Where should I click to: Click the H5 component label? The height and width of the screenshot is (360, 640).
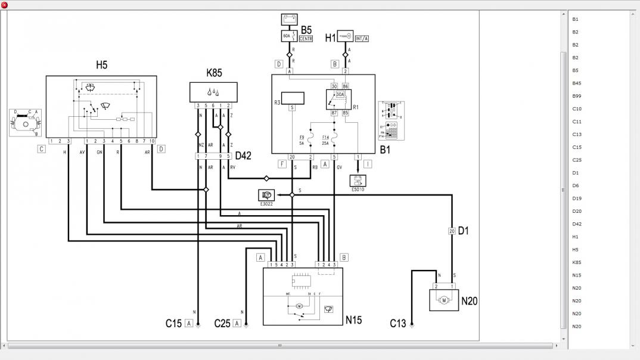coord(102,64)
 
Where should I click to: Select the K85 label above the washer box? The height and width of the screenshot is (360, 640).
coord(214,73)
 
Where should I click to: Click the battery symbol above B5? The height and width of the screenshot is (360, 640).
coord(289,20)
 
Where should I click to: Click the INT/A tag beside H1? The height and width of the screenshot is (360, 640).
coord(362,39)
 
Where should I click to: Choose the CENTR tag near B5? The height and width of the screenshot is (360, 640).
coord(306,39)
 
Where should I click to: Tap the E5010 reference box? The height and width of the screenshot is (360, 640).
coord(358,180)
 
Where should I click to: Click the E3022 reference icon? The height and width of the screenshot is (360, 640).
coord(266,195)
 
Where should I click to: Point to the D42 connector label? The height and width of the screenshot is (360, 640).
coord(243,156)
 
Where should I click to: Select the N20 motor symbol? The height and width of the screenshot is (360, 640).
coord(443,301)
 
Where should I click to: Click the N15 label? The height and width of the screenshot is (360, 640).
coord(354,320)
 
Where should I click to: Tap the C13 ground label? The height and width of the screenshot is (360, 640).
coord(397,324)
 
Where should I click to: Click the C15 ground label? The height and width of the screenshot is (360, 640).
coord(173,324)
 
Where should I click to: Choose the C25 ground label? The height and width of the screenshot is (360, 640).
coord(222,324)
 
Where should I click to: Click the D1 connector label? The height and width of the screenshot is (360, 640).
coord(463,230)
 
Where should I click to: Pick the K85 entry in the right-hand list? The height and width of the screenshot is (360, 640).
coord(576,262)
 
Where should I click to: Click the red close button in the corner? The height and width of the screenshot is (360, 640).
coord(5,5)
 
